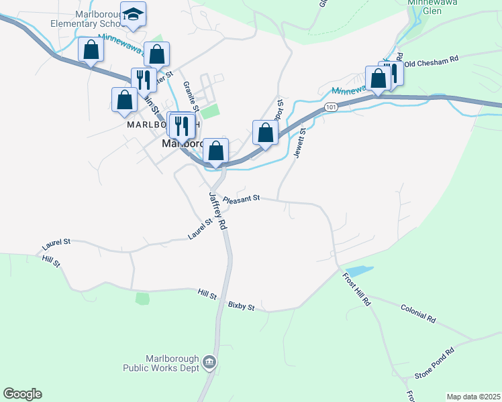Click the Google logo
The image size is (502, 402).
pos(22,394)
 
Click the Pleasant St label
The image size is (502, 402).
pos(241,200)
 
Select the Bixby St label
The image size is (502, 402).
pos(242,307)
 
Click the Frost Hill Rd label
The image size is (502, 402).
pos(356,289)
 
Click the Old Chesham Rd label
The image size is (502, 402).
pos(432,60)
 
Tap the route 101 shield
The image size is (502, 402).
pos(330,107)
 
